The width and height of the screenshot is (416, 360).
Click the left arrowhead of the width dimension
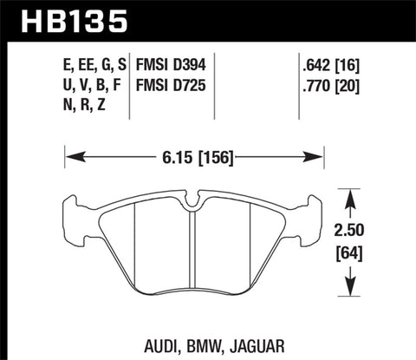click(70, 157)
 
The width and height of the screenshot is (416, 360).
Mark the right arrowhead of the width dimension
click(318, 157)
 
